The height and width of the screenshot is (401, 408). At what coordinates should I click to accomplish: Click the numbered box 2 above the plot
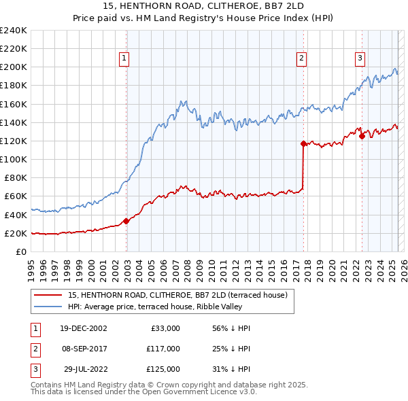[x=301, y=59]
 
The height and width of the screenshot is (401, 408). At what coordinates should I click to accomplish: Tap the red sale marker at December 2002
[x=126, y=221]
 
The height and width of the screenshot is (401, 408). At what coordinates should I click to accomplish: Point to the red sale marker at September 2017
[x=303, y=143]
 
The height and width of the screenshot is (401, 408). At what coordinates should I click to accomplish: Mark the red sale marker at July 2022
[x=362, y=136]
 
